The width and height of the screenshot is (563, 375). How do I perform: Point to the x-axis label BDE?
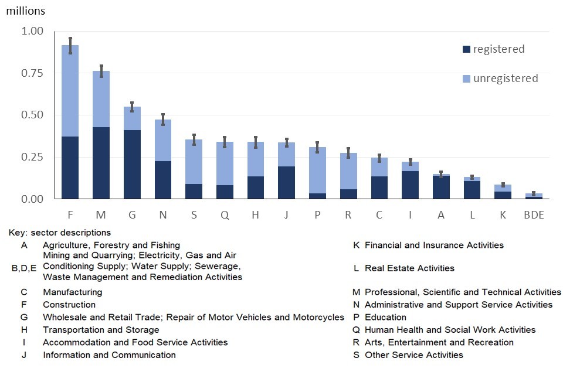point(533,215)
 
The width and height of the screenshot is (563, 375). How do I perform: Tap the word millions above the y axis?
point(25,11)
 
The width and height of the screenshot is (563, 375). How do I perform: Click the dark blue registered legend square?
point(466,50)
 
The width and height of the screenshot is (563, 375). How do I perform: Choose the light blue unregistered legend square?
point(466,79)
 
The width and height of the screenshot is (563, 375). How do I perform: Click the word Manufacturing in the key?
point(72,292)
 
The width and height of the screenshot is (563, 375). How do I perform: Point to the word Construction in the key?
point(69,305)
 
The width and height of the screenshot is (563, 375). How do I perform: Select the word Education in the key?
point(385,317)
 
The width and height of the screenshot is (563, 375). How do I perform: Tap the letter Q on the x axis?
point(225,215)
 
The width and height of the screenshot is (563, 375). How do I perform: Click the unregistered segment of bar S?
point(194,162)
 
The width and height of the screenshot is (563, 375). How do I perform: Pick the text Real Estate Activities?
point(409,268)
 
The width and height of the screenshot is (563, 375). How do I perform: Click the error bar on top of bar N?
point(163,120)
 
